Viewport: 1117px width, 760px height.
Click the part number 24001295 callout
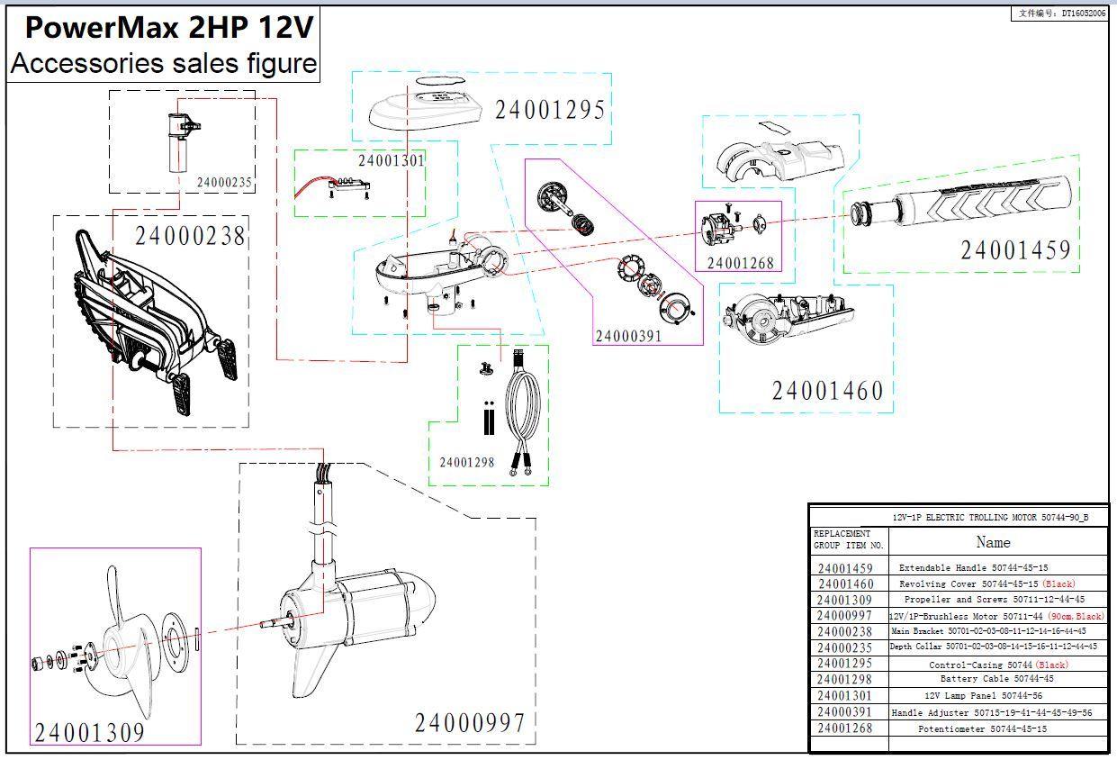pos(550,110)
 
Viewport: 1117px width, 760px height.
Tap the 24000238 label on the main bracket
pos(190,236)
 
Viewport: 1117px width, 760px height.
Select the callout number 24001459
pos(1015,249)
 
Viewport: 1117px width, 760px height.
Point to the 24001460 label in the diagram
pos(827,391)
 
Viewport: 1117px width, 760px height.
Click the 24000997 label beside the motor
pos(469,722)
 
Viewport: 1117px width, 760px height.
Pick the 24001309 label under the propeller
pos(89,732)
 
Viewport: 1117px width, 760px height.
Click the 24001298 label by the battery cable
pos(466,462)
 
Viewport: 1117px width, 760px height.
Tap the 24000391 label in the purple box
pos(627,336)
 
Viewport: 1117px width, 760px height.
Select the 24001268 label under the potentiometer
pos(739,263)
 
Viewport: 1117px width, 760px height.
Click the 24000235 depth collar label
pos(224,182)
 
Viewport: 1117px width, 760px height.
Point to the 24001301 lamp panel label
pos(391,160)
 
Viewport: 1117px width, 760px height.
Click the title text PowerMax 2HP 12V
pos(168,28)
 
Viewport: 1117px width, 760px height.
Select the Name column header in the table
pos(993,542)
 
